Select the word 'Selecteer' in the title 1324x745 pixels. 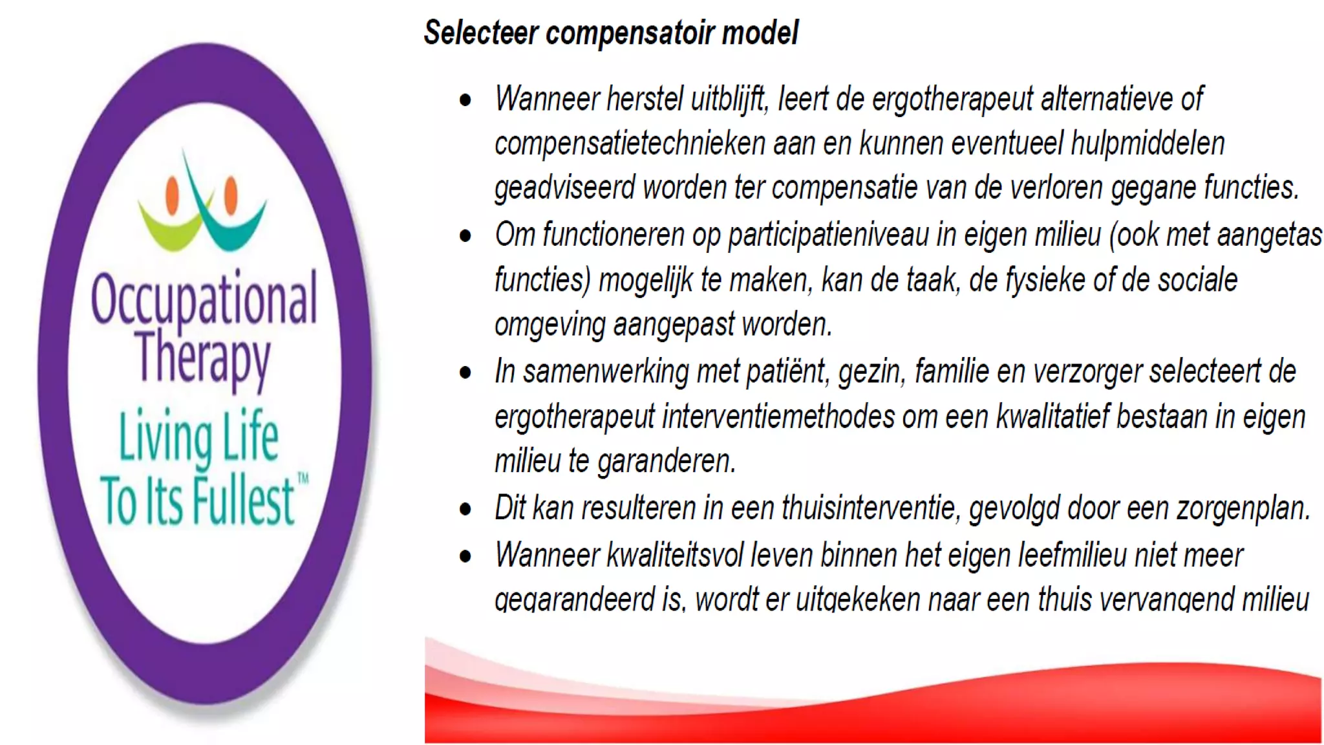pyautogui.click(x=480, y=32)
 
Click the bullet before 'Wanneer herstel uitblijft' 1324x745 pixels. pyautogui.click(x=465, y=100)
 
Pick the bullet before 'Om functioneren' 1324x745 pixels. pyautogui.click(x=465, y=236)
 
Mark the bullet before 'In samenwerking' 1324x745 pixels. pyautogui.click(x=465, y=373)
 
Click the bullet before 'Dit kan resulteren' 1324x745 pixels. pyautogui.click(x=465, y=510)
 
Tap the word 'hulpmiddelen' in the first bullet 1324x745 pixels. pyautogui.click(x=1148, y=144)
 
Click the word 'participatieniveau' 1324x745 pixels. pyautogui.click(x=829, y=235)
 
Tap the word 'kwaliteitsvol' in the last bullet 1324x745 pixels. pyautogui.click(x=674, y=555)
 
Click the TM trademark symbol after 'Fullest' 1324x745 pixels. pyautogui.click(x=303, y=479)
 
